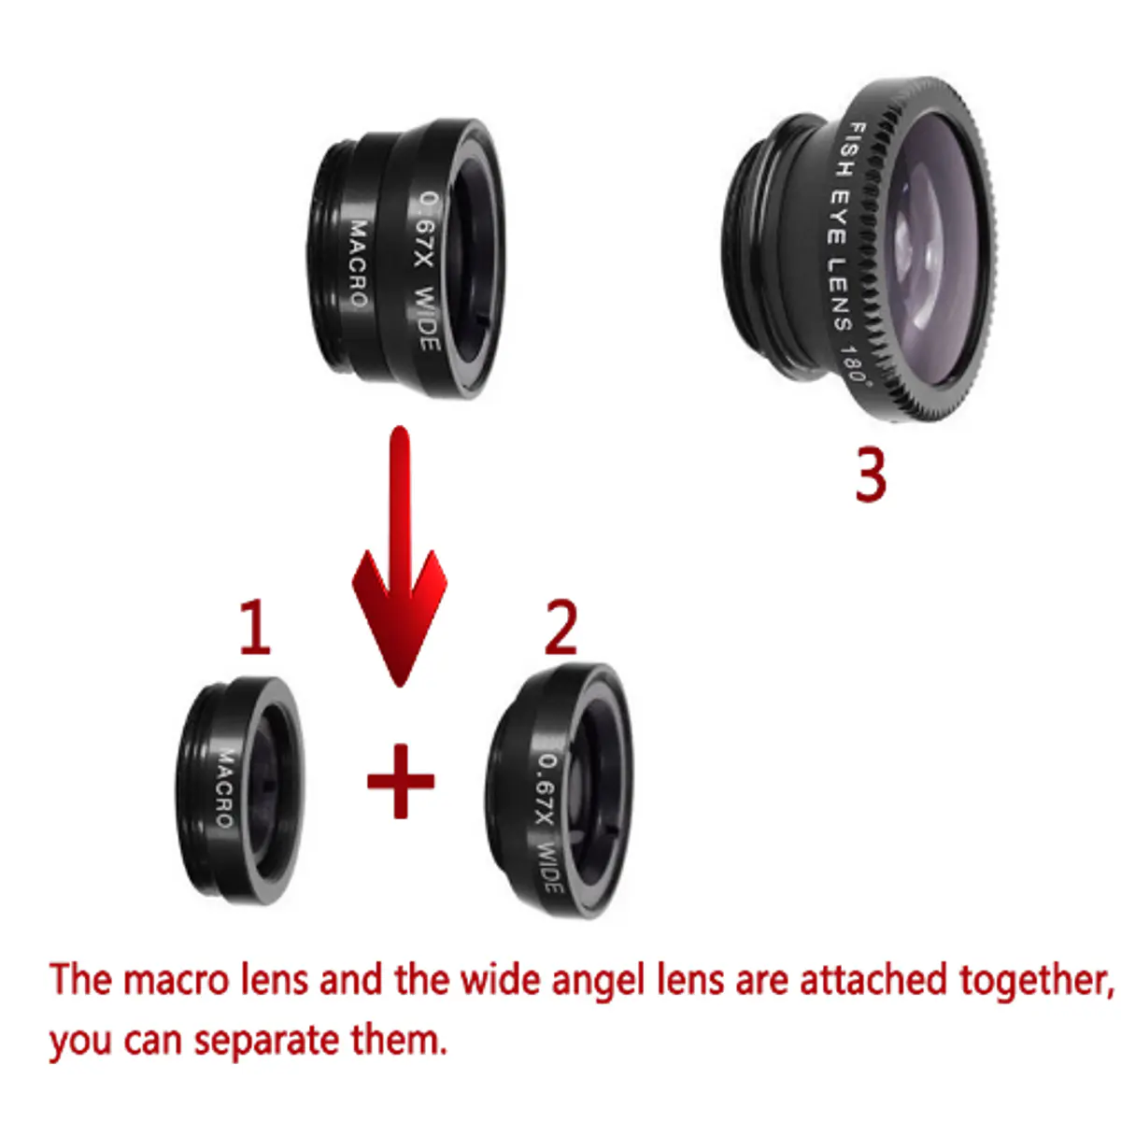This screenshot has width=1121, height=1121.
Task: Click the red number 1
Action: [x=256, y=628]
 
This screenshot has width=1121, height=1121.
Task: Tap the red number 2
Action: [x=560, y=628]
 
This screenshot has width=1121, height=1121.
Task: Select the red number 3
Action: [x=871, y=475]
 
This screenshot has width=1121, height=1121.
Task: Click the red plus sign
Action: [x=401, y=781]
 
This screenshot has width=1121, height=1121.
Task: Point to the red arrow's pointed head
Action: [x=400, y=687]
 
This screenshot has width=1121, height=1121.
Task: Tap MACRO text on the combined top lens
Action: [x=359, y=263]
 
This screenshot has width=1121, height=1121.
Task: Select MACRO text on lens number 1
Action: [x=226, y=788]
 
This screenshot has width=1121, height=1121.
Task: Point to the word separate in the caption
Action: [x=266, y=1042]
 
